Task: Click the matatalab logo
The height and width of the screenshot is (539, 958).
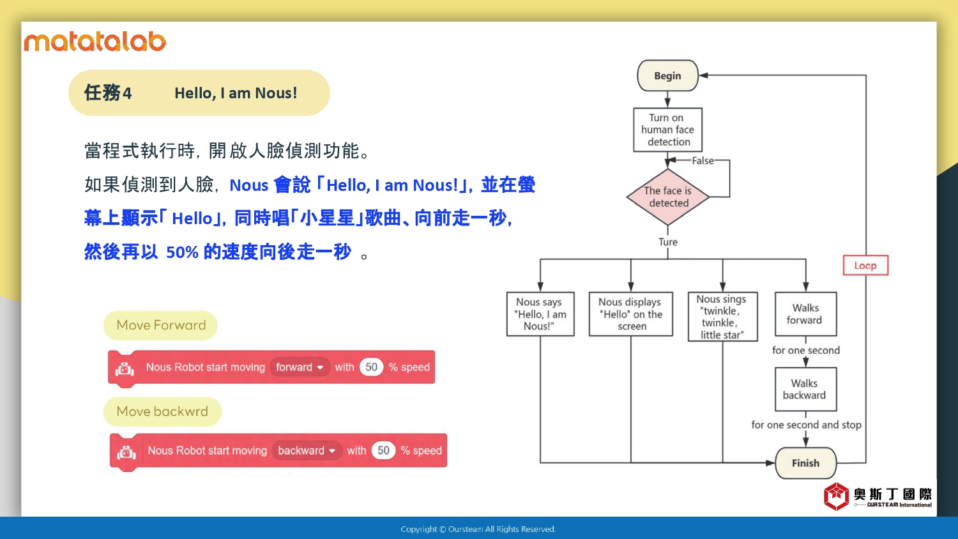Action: click(x=95, y=42)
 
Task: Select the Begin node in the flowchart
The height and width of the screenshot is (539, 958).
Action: click(x=667, y=76)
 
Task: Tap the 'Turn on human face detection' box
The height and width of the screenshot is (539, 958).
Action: click(x=667, y=130)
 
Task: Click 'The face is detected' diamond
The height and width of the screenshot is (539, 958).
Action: click(x=668, y=197)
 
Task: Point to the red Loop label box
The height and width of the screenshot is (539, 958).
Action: click(x=865, y=266)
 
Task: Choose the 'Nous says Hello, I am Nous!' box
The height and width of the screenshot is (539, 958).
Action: click(x=540, y=314)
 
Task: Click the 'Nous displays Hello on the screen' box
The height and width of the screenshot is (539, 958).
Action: click(x=631, y=314)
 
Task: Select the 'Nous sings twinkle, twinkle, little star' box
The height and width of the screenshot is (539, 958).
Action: click(x=722, y=317)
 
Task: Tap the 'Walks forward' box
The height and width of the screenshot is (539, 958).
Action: click(x=805, y=314)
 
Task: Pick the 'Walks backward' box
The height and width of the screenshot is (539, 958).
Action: click(x=805, y=390)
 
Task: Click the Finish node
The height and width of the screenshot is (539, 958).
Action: click(x=805, y=463)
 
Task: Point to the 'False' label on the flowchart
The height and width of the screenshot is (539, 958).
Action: click(x=703, y=161)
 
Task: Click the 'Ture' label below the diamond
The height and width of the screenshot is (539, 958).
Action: click(x=668, y=242)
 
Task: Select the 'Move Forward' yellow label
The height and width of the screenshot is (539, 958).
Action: click(x=161, y=326)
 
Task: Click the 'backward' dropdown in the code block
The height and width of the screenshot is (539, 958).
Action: click(x=307, y=451)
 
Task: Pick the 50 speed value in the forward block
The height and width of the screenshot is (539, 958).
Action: click(x=371, y=367)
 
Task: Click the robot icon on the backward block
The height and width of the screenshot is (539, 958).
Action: click(x=126, y=453)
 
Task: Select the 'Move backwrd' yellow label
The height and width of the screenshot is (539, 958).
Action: click(x=162, y=412)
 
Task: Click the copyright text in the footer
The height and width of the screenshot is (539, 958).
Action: click(x=478, y=529)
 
